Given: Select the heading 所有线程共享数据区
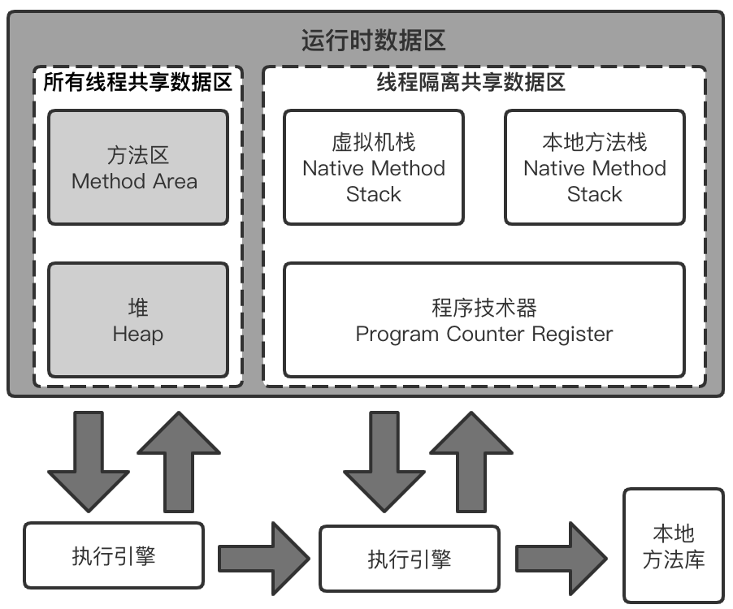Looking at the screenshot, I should pos(137,82).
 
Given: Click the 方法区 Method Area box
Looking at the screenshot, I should pos(137,167).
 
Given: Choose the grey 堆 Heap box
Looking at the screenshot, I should pos(137,320).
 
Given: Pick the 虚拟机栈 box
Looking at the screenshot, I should pos(374,167).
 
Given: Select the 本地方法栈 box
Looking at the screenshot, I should pos(595,167).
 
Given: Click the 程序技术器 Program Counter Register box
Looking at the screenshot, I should pos(484,320).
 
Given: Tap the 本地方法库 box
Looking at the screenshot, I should pos(673,546).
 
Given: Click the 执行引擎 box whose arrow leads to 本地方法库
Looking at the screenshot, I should pos(409,559).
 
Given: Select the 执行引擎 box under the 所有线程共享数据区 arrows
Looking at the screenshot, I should pos(114,555).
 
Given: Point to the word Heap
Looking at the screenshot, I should pos(137,334).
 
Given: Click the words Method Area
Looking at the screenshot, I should pos(134,181).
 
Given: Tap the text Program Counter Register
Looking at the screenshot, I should pos(484,334).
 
